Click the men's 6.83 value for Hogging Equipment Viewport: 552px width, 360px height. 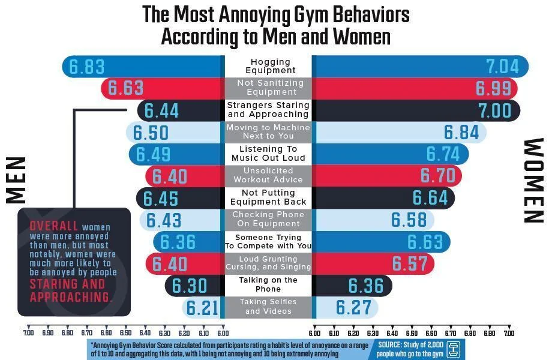tap(87, 67)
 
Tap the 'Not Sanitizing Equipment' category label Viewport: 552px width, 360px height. tap(270, 88)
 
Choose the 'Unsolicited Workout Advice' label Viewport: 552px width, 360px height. tap(270, 175)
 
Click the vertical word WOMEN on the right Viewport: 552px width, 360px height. tap(533, 181)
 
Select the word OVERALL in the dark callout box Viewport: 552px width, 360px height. tap(54, 226)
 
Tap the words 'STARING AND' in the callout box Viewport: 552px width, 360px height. tap(67, 284)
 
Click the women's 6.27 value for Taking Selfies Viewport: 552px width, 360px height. tap(354, 308)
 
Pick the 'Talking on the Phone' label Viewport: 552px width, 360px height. tap(270, 284)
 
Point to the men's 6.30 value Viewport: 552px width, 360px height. tap(190, 286)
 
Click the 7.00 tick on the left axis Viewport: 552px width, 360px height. tap(28, 332)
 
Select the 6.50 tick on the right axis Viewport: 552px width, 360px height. tap(411, 332)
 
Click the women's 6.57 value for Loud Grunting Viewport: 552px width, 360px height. tap(410, 263)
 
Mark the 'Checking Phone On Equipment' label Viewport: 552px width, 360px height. tap(270, 219)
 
